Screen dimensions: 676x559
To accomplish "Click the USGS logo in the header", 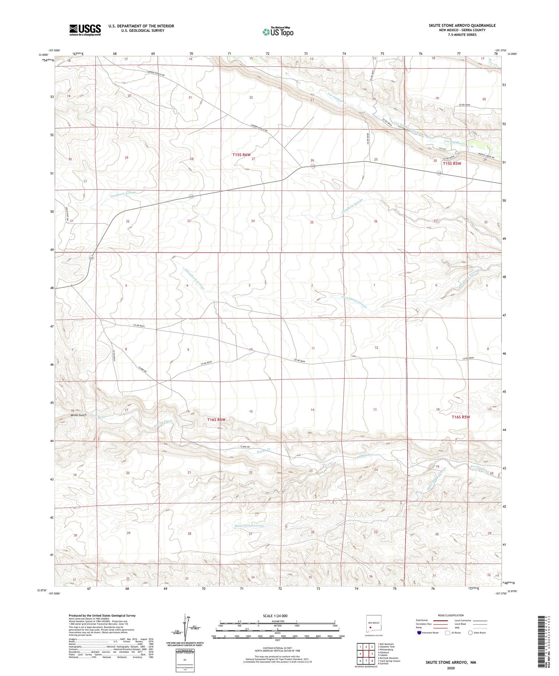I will (x=85, y=30).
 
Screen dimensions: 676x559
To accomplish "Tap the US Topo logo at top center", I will (x=278, y=32).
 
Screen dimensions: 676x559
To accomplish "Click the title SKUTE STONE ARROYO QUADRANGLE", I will (x=462, y=25).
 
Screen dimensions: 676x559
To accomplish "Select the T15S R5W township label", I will (x=452, y=163).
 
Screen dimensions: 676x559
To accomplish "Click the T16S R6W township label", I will (x=217, y=419).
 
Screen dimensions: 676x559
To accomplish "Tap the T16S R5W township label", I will (x=461, y=417).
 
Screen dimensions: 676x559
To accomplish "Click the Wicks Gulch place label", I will (x=78, y=415).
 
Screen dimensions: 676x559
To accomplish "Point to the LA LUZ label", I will (x=443, y=149).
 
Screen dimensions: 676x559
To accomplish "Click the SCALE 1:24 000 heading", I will (x=275, y=616).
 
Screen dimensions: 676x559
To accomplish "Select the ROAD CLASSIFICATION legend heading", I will (x=451, y=615).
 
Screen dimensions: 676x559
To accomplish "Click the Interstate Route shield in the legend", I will (x=419, y=633).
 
